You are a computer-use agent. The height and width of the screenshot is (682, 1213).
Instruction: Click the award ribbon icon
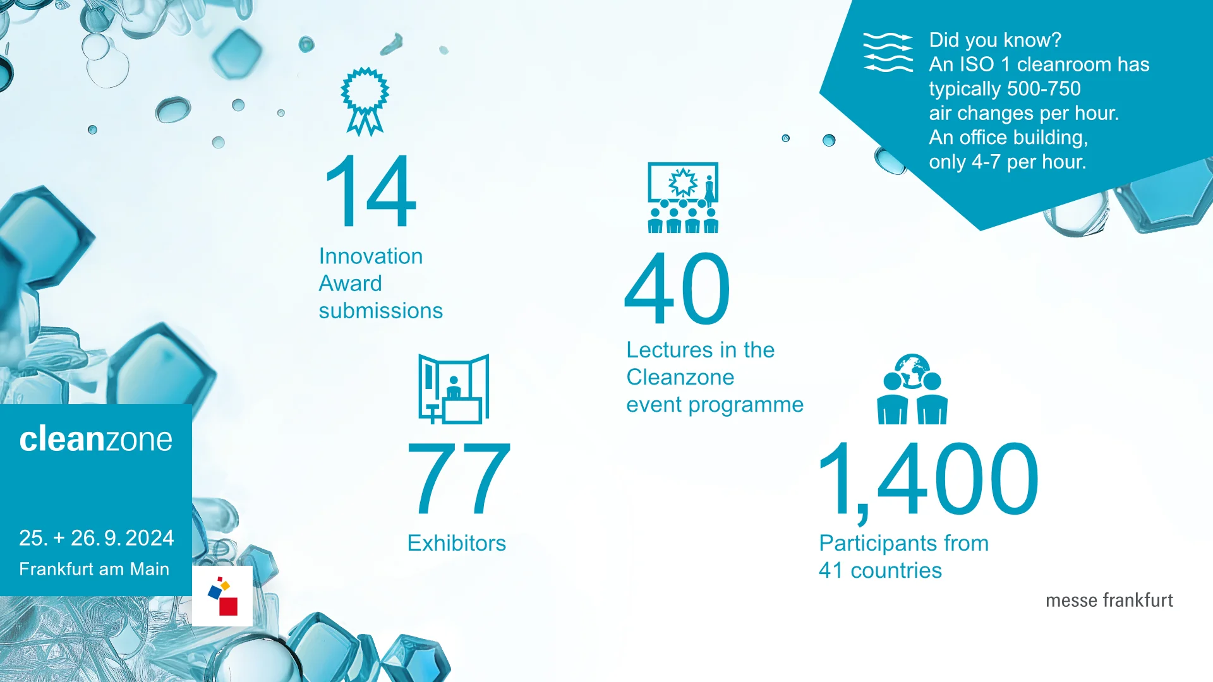365,101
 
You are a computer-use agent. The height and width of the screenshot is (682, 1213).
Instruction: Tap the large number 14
370,191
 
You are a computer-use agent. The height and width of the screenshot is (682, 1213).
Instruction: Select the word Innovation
371,256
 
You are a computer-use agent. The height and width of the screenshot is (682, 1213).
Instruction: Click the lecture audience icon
683,198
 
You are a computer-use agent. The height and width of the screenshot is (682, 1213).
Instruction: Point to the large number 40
677,288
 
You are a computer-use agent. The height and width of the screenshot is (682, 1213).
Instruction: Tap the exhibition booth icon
454,389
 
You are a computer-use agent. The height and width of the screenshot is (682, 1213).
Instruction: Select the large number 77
459,478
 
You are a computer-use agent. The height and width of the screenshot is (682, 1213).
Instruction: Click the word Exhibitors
457,543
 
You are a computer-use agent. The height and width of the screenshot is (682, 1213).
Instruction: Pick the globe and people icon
912,389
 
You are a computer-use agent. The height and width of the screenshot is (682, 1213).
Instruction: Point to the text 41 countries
880,571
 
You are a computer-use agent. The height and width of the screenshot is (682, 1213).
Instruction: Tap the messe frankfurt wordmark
1109,600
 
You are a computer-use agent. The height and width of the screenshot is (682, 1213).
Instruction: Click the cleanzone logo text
95,439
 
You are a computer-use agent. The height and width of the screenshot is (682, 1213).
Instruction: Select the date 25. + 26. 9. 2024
97,538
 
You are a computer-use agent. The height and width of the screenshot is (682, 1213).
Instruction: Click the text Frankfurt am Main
94,569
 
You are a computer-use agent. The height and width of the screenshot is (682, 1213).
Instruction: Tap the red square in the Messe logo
228,606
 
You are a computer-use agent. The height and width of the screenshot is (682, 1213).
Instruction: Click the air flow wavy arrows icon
888,52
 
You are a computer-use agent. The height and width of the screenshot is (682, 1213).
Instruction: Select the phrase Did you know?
995,40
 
